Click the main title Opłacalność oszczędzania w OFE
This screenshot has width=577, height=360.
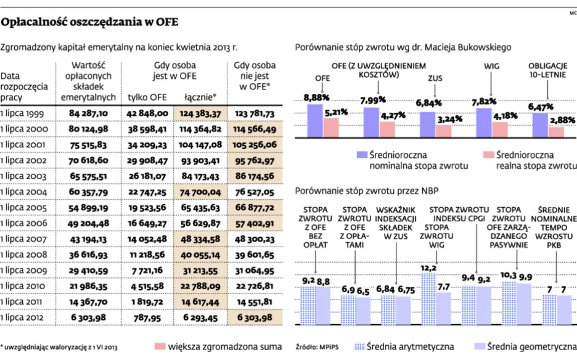pos(90,23)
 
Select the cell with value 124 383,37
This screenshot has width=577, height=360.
pos(200,113)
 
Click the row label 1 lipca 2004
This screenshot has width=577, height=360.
pos(24,194)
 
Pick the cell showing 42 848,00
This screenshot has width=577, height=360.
pos(147,113)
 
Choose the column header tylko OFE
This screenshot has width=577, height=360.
pos(147,97)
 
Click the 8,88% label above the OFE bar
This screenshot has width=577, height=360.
pos(316,97)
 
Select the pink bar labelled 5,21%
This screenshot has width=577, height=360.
pos(332,128)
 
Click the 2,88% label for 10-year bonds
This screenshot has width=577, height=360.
pos(561,120)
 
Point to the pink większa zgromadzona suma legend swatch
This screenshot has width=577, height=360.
pos(161,346)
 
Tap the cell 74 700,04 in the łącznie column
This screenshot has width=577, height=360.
pos(200,194)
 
